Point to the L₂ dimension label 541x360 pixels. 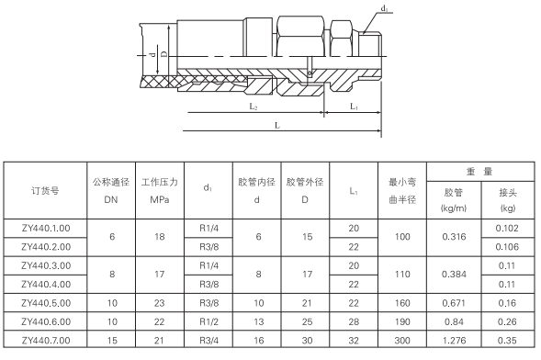tap(254, 107)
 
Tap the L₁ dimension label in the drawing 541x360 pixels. tap(353, 107)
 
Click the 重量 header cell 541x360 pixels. tap(479, 171)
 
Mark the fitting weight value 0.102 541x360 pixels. tap(508, 226)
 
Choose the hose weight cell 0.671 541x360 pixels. tap(454, 302)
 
